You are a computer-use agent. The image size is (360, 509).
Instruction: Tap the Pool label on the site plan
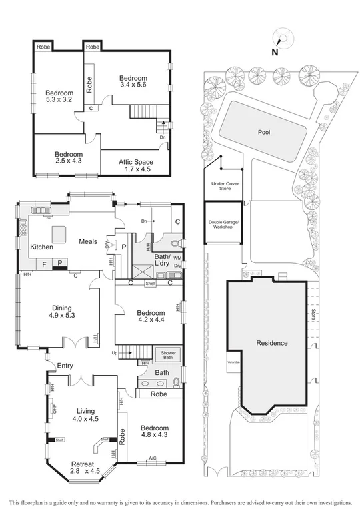pos(265,132)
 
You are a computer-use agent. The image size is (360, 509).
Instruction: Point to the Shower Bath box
pos(164,355)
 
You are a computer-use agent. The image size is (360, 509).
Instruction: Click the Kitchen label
pos(41,247)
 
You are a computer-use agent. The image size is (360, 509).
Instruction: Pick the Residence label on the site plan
pos(271,343)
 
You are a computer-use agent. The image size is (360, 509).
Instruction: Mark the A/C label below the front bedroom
pos(152,459)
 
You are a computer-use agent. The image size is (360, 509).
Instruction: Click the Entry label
pos(65,365)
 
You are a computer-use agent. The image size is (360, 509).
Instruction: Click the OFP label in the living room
pos(55,409)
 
